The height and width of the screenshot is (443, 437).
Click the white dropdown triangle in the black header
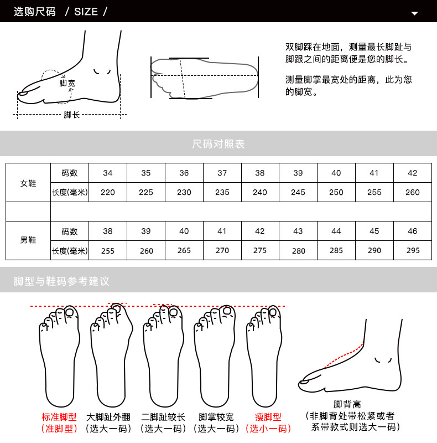[x=414, y=13]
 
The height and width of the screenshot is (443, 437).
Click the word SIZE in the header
[x=86, y=11]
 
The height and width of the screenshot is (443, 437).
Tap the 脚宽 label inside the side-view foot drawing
[x=67, y=84]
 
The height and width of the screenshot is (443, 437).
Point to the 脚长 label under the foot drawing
[x=72, y=115]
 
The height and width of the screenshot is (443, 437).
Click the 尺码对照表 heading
[x=218, y=145]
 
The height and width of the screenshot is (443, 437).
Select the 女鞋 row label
[x=28, y=183]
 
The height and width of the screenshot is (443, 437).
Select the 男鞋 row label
[x=28, y=240]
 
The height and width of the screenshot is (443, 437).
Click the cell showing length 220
[x=108, y=193]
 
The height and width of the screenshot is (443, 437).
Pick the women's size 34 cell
[x=108, y=173]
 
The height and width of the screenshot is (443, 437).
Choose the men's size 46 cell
[x=412, y=231]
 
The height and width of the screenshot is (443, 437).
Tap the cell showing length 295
[x=413, y=250]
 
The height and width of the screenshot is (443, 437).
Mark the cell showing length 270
[x=222, y=250]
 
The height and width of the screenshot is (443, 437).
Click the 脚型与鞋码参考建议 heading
[x=61, y=281]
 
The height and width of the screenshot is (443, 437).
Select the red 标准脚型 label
[x=59, y=417]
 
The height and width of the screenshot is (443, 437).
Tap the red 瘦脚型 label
[x=268, y=417]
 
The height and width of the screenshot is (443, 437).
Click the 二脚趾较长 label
[x=163, y=417]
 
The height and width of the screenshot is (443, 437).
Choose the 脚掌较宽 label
[x=216, y=417]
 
